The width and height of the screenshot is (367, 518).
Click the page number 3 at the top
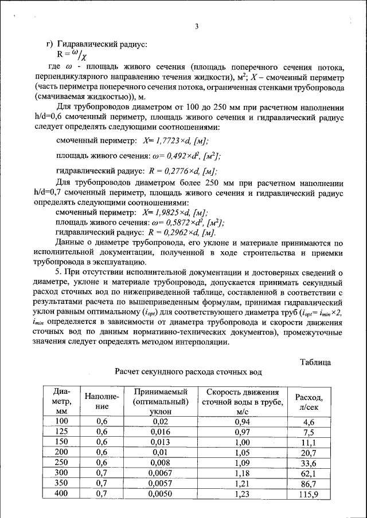point(197,26)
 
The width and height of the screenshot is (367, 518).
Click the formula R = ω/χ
point(72,55)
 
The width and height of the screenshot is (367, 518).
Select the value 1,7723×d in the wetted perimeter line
point(169,141)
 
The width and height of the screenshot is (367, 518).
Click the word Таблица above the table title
point(315,362)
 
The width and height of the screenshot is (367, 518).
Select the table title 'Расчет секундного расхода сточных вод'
point(189,372)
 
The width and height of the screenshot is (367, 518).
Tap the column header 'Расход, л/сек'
point(309,401)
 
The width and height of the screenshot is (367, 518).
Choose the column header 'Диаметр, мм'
point(61,401)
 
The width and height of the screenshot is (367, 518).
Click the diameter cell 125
point(61,432)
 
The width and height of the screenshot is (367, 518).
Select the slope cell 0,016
point(160,432)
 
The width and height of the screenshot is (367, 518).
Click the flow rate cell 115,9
point(309,495)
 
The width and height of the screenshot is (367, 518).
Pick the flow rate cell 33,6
point(309,463)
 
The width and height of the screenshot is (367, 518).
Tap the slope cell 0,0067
point(160,473)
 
